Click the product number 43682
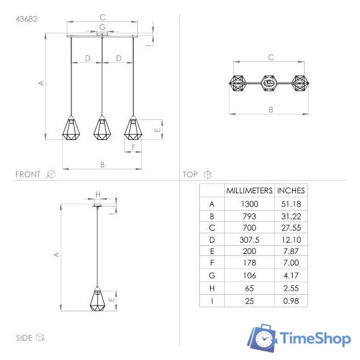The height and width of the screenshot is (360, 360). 27,19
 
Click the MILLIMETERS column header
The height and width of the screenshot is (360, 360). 249,190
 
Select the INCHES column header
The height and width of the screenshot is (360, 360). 291,190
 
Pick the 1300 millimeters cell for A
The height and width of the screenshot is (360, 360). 249,204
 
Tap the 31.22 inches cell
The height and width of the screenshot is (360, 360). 291,216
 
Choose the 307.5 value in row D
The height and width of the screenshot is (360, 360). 249,239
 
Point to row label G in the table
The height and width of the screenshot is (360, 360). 212,275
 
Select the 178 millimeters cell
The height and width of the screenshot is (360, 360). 249,263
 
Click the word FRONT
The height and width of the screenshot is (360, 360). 28,174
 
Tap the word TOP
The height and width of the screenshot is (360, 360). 191,174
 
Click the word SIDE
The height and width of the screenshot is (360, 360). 24,338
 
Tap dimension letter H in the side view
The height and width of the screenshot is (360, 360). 97,195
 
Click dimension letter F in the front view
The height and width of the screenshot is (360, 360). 133,147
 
